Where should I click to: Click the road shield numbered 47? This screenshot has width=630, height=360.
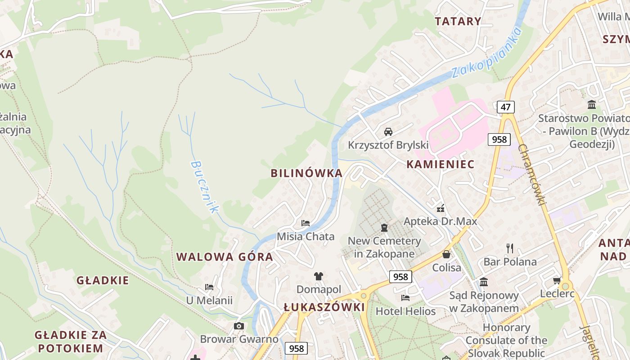506,107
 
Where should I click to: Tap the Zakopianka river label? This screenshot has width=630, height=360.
487,53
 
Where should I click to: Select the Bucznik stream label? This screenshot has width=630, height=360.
205,187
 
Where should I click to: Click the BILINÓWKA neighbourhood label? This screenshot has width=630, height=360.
306,173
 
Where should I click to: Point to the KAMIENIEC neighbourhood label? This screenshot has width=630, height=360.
441,164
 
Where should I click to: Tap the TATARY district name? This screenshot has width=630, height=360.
458,21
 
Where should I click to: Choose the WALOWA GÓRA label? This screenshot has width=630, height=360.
225,257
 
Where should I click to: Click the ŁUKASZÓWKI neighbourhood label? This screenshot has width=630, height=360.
324,307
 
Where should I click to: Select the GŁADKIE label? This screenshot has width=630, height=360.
103,280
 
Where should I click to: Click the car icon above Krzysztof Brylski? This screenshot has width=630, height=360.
388,131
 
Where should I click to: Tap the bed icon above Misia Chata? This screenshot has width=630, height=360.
306,223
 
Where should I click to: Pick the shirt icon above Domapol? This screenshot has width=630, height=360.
319,276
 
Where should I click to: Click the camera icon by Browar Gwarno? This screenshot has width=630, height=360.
239,326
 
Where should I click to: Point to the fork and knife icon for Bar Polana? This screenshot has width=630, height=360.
510,248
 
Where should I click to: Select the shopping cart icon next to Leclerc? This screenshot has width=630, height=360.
557,280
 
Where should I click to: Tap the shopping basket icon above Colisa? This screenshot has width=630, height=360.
446,254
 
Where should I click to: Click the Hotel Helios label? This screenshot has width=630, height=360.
405,311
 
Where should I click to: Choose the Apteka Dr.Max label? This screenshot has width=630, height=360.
440,221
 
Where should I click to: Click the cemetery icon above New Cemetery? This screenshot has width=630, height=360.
384,228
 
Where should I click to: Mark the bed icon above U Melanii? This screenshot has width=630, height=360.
209,287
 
